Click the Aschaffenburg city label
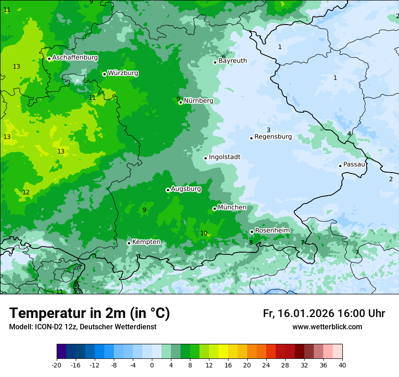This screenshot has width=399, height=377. tap(75, 58)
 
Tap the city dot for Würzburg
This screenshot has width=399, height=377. tap(104, 74)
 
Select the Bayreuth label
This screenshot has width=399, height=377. tap(233, 61)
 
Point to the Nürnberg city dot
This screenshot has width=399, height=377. tap(180, 102)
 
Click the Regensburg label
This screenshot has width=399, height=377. tap(273, 137)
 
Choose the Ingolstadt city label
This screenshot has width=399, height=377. tap(224, 157)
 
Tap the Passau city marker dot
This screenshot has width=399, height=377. tap(340, 166)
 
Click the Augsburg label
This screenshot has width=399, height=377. tap(186, 189)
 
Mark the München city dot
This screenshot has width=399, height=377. tap(214, 208)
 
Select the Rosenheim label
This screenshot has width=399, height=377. tap(272, 231)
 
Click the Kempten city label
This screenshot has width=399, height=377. tap(146, 242)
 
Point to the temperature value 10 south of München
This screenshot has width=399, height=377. tap(204, 233)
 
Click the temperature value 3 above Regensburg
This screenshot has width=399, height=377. tap(268, 130)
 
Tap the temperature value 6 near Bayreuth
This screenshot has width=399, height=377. tap(224, 57)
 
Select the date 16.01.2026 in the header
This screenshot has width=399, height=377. tap(307, 313)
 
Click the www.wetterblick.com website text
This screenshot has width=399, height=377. tap(327, 327)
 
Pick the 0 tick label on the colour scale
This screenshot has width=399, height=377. tap(152, 365)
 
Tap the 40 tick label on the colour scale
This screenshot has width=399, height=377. tap(342, 365)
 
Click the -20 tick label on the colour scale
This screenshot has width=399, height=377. tap(57, 365)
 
